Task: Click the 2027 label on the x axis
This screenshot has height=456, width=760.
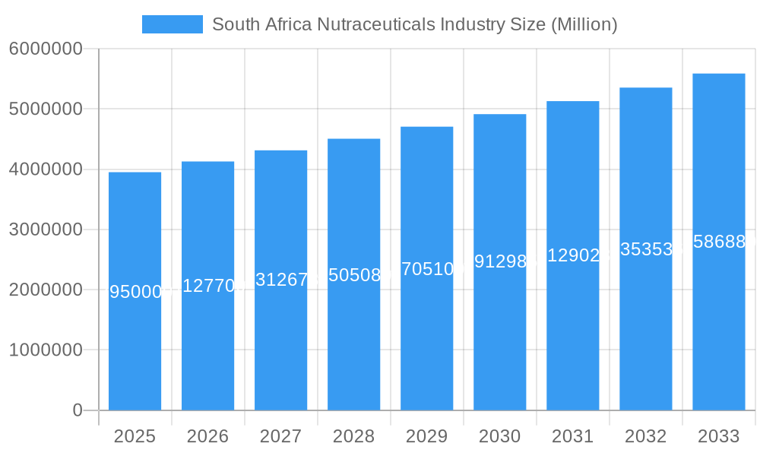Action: tap(280, 436)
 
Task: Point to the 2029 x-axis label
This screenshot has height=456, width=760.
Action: tap(426, 436)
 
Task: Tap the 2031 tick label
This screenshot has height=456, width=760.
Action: tap(572, 436)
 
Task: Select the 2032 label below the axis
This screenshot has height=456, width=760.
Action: tap(645, 436)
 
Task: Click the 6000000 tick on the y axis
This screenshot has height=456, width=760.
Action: tap(45, 49)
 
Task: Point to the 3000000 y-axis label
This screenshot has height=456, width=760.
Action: tap(45, 230)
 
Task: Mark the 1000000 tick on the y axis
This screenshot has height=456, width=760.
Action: tap(45, 350)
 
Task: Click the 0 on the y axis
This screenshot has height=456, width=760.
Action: tap(77, 410)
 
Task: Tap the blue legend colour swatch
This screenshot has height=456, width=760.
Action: tap(172, 24)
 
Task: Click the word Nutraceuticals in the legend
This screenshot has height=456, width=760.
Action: tap(364, 24)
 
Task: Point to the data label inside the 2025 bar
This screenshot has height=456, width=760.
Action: tap(135, 292)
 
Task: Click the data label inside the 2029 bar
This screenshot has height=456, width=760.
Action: tap(427, 268)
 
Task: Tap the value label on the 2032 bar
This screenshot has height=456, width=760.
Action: tap(646, 249)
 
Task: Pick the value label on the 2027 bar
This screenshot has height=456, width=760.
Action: tap(281, 280)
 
